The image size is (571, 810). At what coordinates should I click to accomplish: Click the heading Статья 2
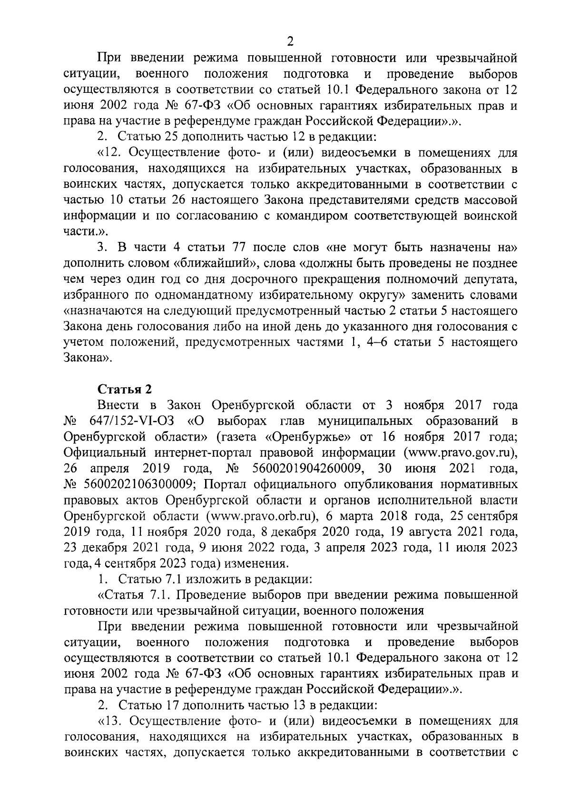point(125,389)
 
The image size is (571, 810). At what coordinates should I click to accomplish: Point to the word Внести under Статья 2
point(118,405)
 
